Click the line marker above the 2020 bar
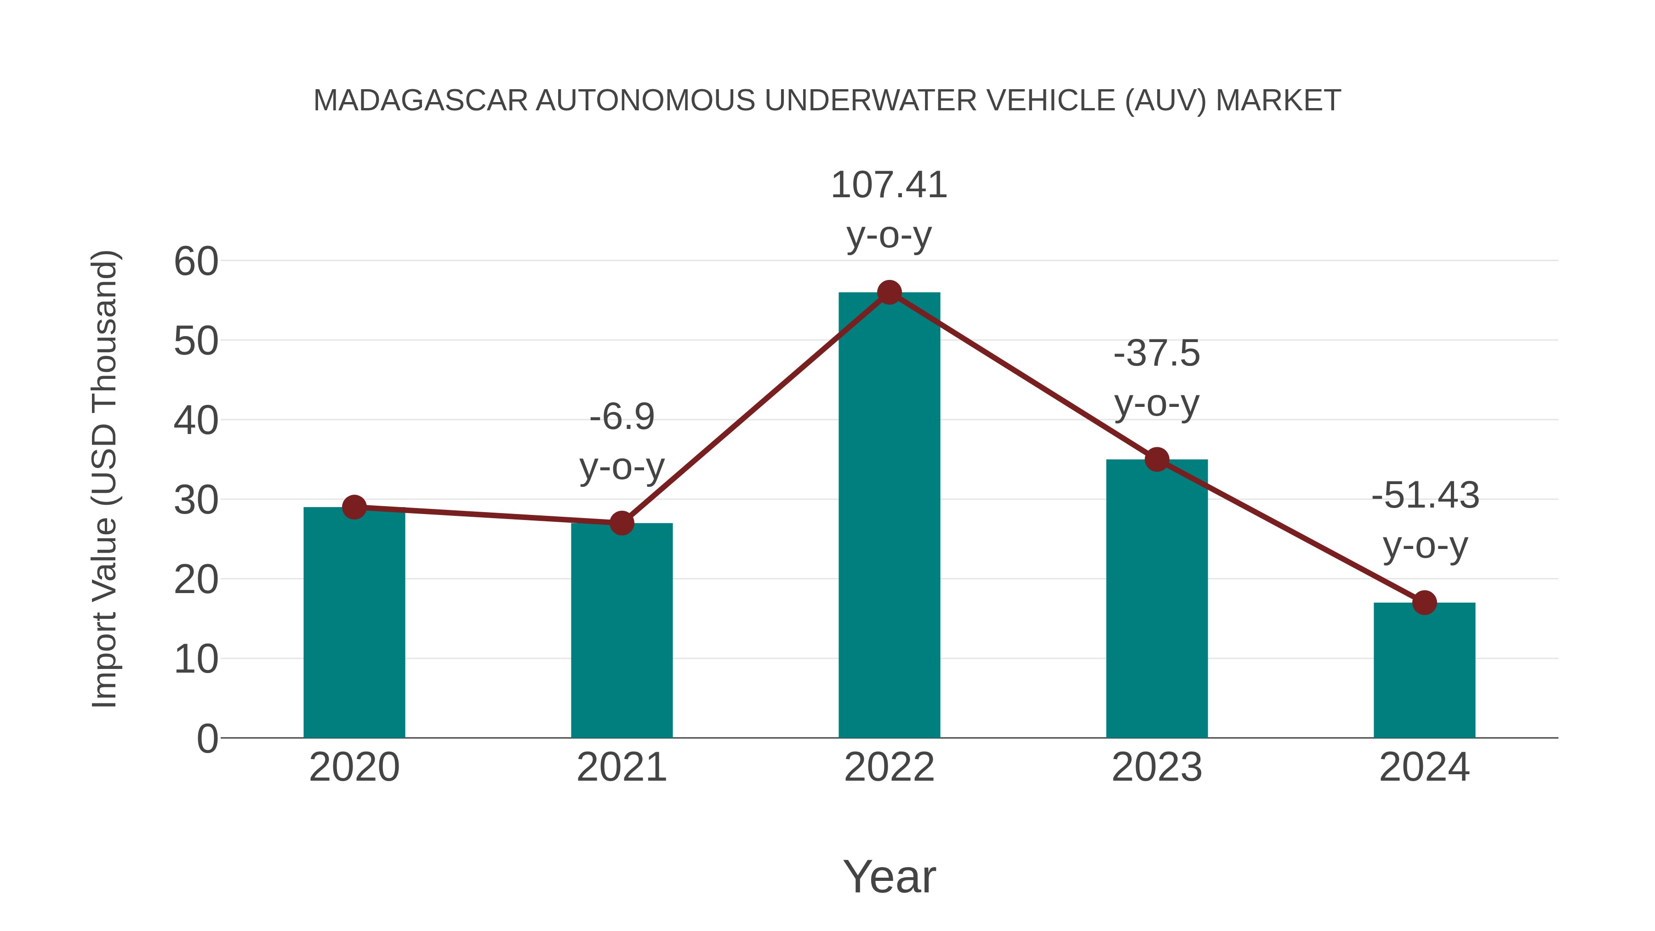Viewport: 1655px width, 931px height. click(x=354, y=508)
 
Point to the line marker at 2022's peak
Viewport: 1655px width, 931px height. click(x=889, y=292)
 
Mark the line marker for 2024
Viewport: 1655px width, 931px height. click(x=1424, y=603)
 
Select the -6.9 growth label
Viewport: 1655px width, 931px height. click(x=621, y=417)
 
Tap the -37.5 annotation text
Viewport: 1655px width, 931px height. click(x=1157, y=354)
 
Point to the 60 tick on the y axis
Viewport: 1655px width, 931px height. click(x=196, y=262)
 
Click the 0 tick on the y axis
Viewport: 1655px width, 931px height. click(x=207, y=738)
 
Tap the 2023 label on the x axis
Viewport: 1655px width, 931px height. click(x=1157, y=767)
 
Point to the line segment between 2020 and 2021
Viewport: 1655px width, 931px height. click(x=488, y=515)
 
